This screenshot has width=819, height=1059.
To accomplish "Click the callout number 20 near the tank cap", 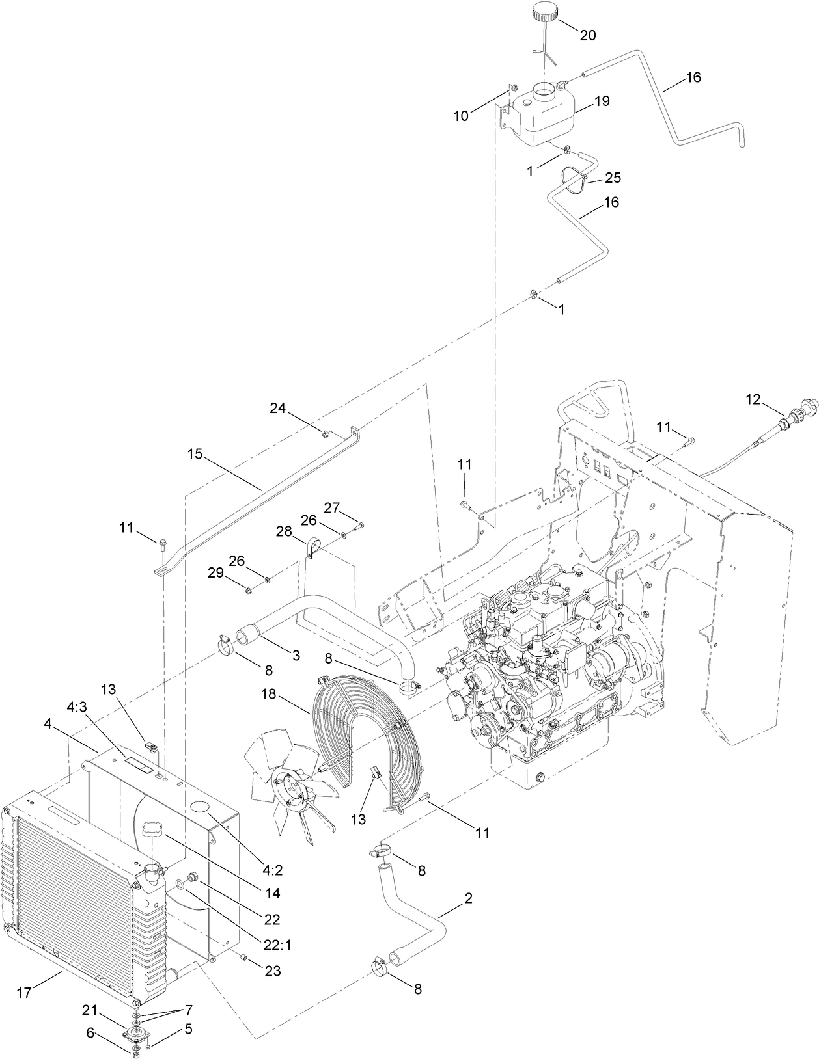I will point(587,35).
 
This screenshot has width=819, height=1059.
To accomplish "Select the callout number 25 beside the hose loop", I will point(613,178).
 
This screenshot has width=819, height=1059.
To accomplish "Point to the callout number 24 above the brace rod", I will point(278,408).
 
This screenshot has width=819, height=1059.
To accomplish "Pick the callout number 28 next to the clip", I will point(283,531).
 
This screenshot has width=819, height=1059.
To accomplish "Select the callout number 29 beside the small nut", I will point(215,572).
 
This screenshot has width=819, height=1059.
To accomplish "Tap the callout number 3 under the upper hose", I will point(296,656).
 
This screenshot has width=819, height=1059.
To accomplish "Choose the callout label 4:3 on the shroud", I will point(76,705).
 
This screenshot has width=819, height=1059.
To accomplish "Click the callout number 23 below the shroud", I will point(272,971).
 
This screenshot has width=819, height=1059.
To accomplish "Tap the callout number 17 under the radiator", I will point(24,994).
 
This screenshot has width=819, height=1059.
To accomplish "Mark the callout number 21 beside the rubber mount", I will point(90,1010).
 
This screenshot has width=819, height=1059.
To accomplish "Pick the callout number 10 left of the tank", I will point(461,116).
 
